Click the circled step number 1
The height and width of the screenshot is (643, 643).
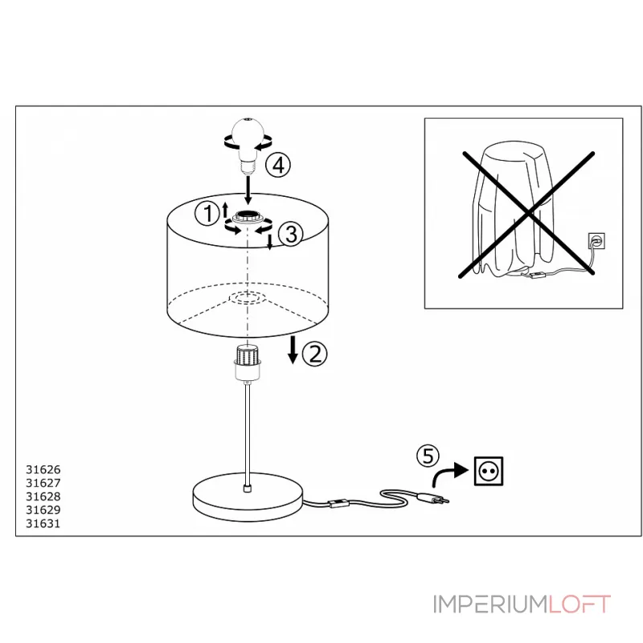(x=207, y=214)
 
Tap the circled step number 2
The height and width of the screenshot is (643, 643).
(x=315, y=354)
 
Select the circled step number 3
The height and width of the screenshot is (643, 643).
(x=291, y=234)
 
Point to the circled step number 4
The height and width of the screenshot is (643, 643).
(x=278, y=166)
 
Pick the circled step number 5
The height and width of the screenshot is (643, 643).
(x=428, y=456)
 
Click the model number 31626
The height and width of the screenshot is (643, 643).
(x=43, y=469)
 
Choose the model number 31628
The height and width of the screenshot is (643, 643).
(x=43, y=496)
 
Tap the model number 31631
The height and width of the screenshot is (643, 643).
(x=43, y=523)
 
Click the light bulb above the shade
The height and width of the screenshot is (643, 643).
(x=248, y=145)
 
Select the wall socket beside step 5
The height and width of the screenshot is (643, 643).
(x=489, y=471)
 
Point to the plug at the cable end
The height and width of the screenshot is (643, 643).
(x=432, y=498)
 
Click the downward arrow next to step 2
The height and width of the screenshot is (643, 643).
(x=293, y=350)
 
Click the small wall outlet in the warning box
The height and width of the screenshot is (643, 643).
(x=596, y=240)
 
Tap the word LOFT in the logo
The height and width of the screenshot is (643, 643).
(x=579, y=604)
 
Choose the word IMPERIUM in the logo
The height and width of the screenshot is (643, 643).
(x=490, y=604)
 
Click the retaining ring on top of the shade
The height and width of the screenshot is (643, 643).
(x=248, y=216)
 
